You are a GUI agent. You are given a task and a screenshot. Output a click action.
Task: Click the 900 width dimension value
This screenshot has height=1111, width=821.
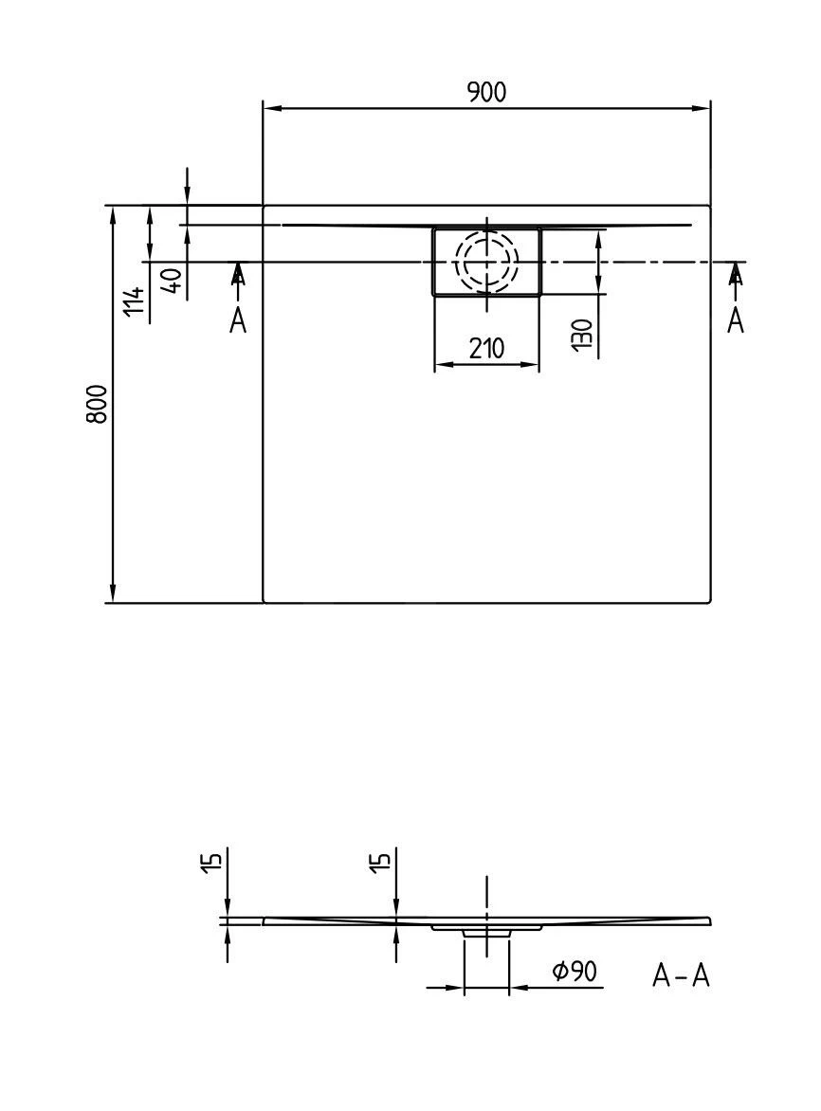point(486,92)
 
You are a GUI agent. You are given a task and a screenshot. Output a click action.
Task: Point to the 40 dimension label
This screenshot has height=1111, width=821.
point(172,282)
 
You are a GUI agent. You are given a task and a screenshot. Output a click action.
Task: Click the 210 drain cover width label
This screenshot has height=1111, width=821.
point(486,348)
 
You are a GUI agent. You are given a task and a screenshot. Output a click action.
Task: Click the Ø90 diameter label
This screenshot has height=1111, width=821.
point(575,971)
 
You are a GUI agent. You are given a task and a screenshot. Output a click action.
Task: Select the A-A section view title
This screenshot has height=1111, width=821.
point(681,974)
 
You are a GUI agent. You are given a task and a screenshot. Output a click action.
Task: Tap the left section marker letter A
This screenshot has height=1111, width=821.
point(237,321)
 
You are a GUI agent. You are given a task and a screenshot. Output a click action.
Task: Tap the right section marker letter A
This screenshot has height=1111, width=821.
point(735,321)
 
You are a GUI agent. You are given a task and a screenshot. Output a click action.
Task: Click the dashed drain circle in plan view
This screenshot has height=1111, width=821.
point(486,261)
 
